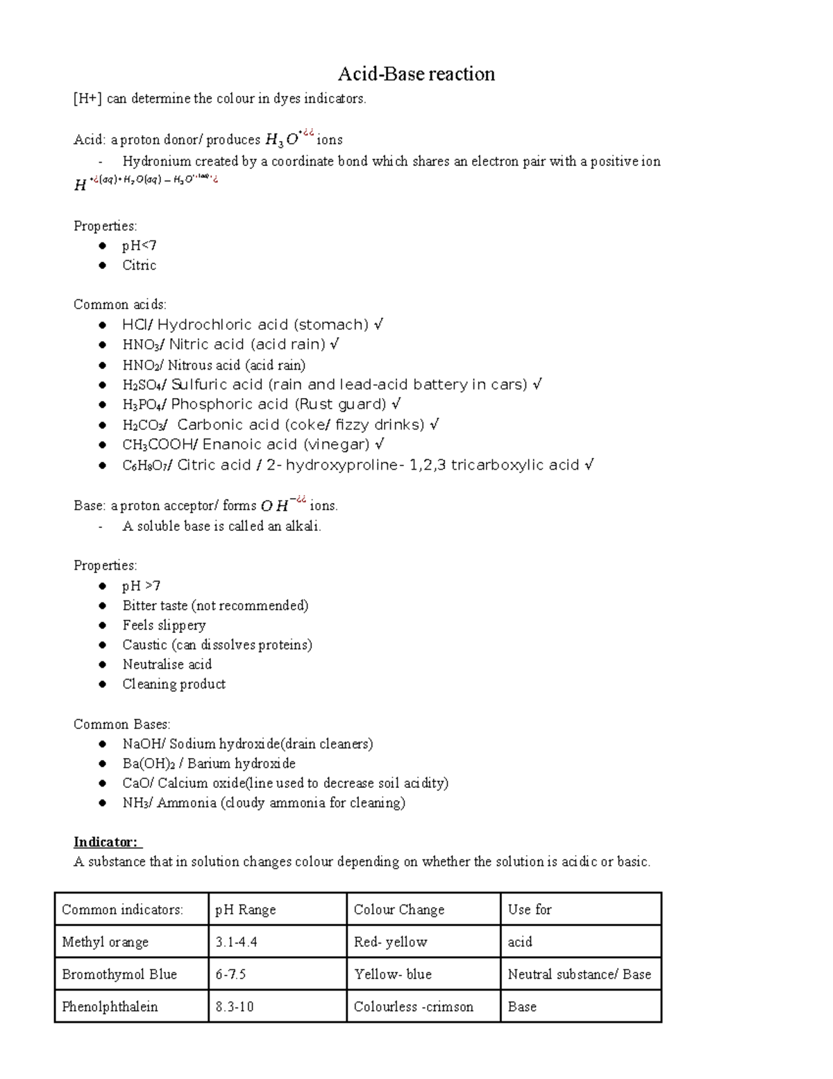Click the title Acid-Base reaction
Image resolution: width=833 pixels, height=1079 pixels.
(416, 74)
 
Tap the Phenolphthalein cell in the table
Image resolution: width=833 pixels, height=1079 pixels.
(110, 1007)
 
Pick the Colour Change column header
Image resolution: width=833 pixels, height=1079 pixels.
(398, 909)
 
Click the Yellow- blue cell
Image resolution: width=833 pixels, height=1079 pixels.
(392, 974)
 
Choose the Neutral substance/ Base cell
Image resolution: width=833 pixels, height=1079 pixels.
(579, 974)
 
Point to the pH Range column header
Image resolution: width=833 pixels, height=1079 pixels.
(245, 909)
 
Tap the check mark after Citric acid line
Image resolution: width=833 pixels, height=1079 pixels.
(589, 465)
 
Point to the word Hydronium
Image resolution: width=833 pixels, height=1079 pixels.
(156, 161)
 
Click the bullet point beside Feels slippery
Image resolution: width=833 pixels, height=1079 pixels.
(103, 625)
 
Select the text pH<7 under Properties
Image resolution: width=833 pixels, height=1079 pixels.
(139, 246)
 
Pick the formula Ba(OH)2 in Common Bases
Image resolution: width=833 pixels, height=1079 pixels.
(147, 764)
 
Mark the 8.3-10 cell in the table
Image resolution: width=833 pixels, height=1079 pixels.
(234, 1007)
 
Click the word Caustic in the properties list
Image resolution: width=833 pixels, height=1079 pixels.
(144, 645)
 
